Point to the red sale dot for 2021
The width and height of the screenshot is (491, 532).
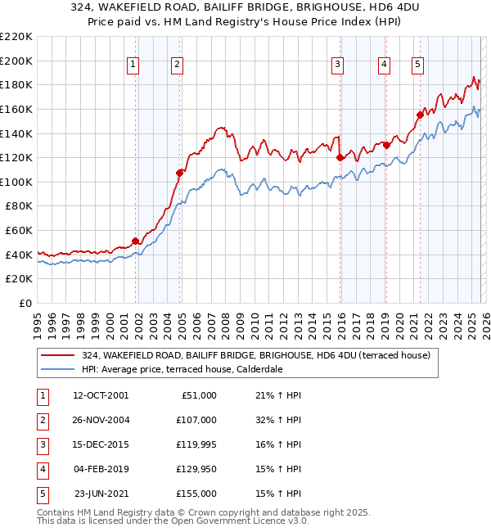pos(420,115)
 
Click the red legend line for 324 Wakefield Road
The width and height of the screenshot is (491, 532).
pos(57,355)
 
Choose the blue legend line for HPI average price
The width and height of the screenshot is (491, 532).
pos(57,369)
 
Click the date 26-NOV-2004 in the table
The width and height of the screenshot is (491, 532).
pos(101,420)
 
